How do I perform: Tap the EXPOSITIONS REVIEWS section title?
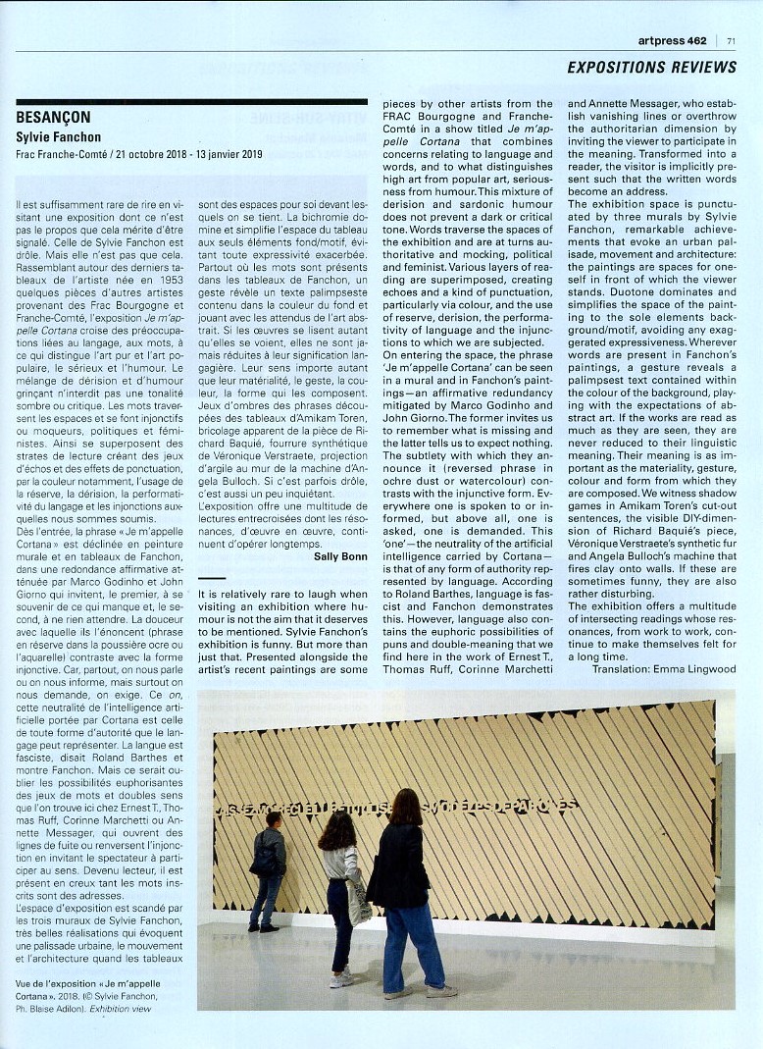tap(651, 68)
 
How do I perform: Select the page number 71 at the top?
tap(732, 40)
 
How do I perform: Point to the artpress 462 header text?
tap(672, 40)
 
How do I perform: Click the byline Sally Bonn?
tap(340, 556)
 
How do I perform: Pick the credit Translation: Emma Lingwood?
tap(664, 669)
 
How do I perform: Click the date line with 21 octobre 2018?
tap(139, 154)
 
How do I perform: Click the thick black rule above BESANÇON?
tap(191, 101)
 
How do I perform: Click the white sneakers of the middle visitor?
tap(340, 977)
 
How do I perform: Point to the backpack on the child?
tap(263, 861)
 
